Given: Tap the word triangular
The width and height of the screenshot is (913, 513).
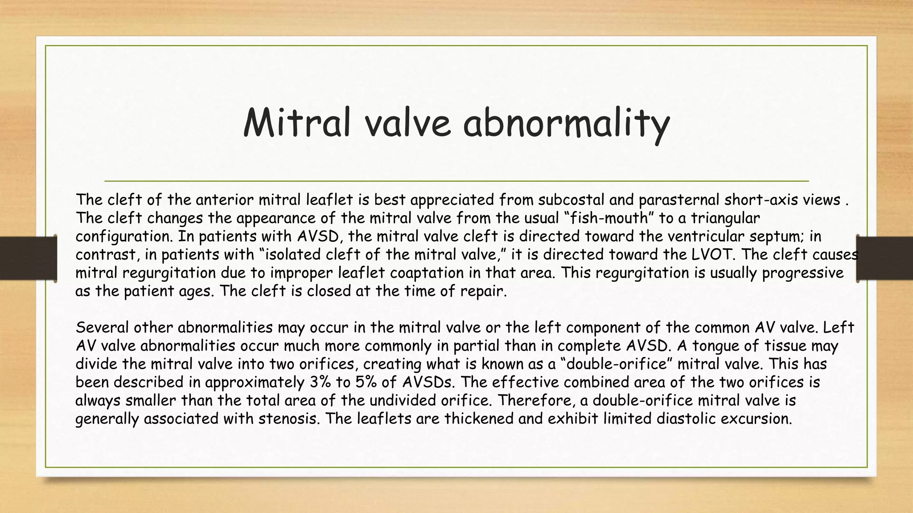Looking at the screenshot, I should pos(725,218).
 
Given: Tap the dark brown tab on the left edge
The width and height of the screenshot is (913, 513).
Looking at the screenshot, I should pos(28,258).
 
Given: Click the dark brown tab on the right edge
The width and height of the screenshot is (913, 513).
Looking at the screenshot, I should pos(885,258).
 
